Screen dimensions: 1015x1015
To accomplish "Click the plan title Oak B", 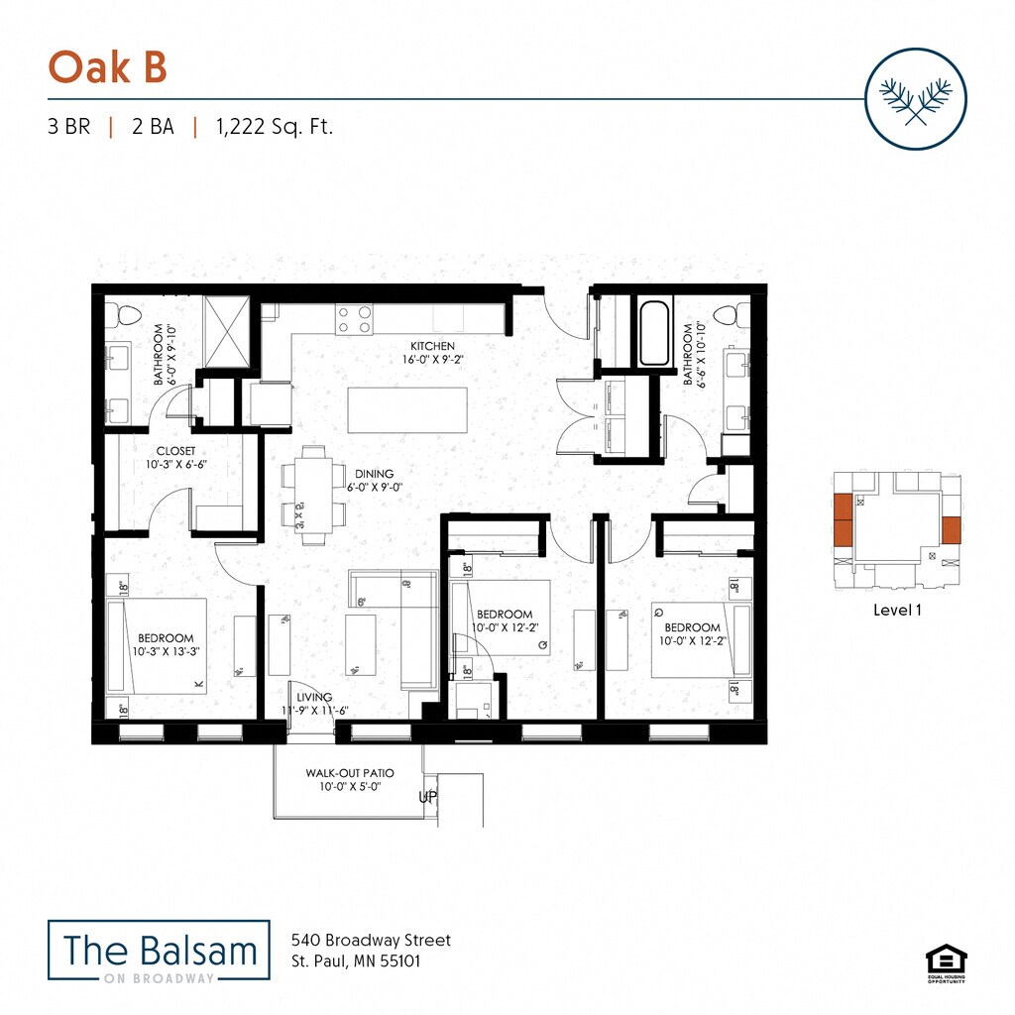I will [x=107, y=67].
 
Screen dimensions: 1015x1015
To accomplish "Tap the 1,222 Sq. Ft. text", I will [x=274, y=127].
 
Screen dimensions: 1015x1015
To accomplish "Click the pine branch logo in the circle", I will [x=915, y=98].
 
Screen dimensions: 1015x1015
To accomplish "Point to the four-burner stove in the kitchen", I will [x=354, y=318].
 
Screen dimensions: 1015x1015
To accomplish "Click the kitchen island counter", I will [x=407, y=409].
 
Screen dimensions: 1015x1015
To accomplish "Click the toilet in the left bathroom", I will [x=126, y=317].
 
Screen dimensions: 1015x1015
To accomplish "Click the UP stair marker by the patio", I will [x=428, y=797].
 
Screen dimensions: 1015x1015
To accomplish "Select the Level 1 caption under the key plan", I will [x=897, y=611].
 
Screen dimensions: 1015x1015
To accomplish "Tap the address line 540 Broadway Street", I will [x=371, y=940].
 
